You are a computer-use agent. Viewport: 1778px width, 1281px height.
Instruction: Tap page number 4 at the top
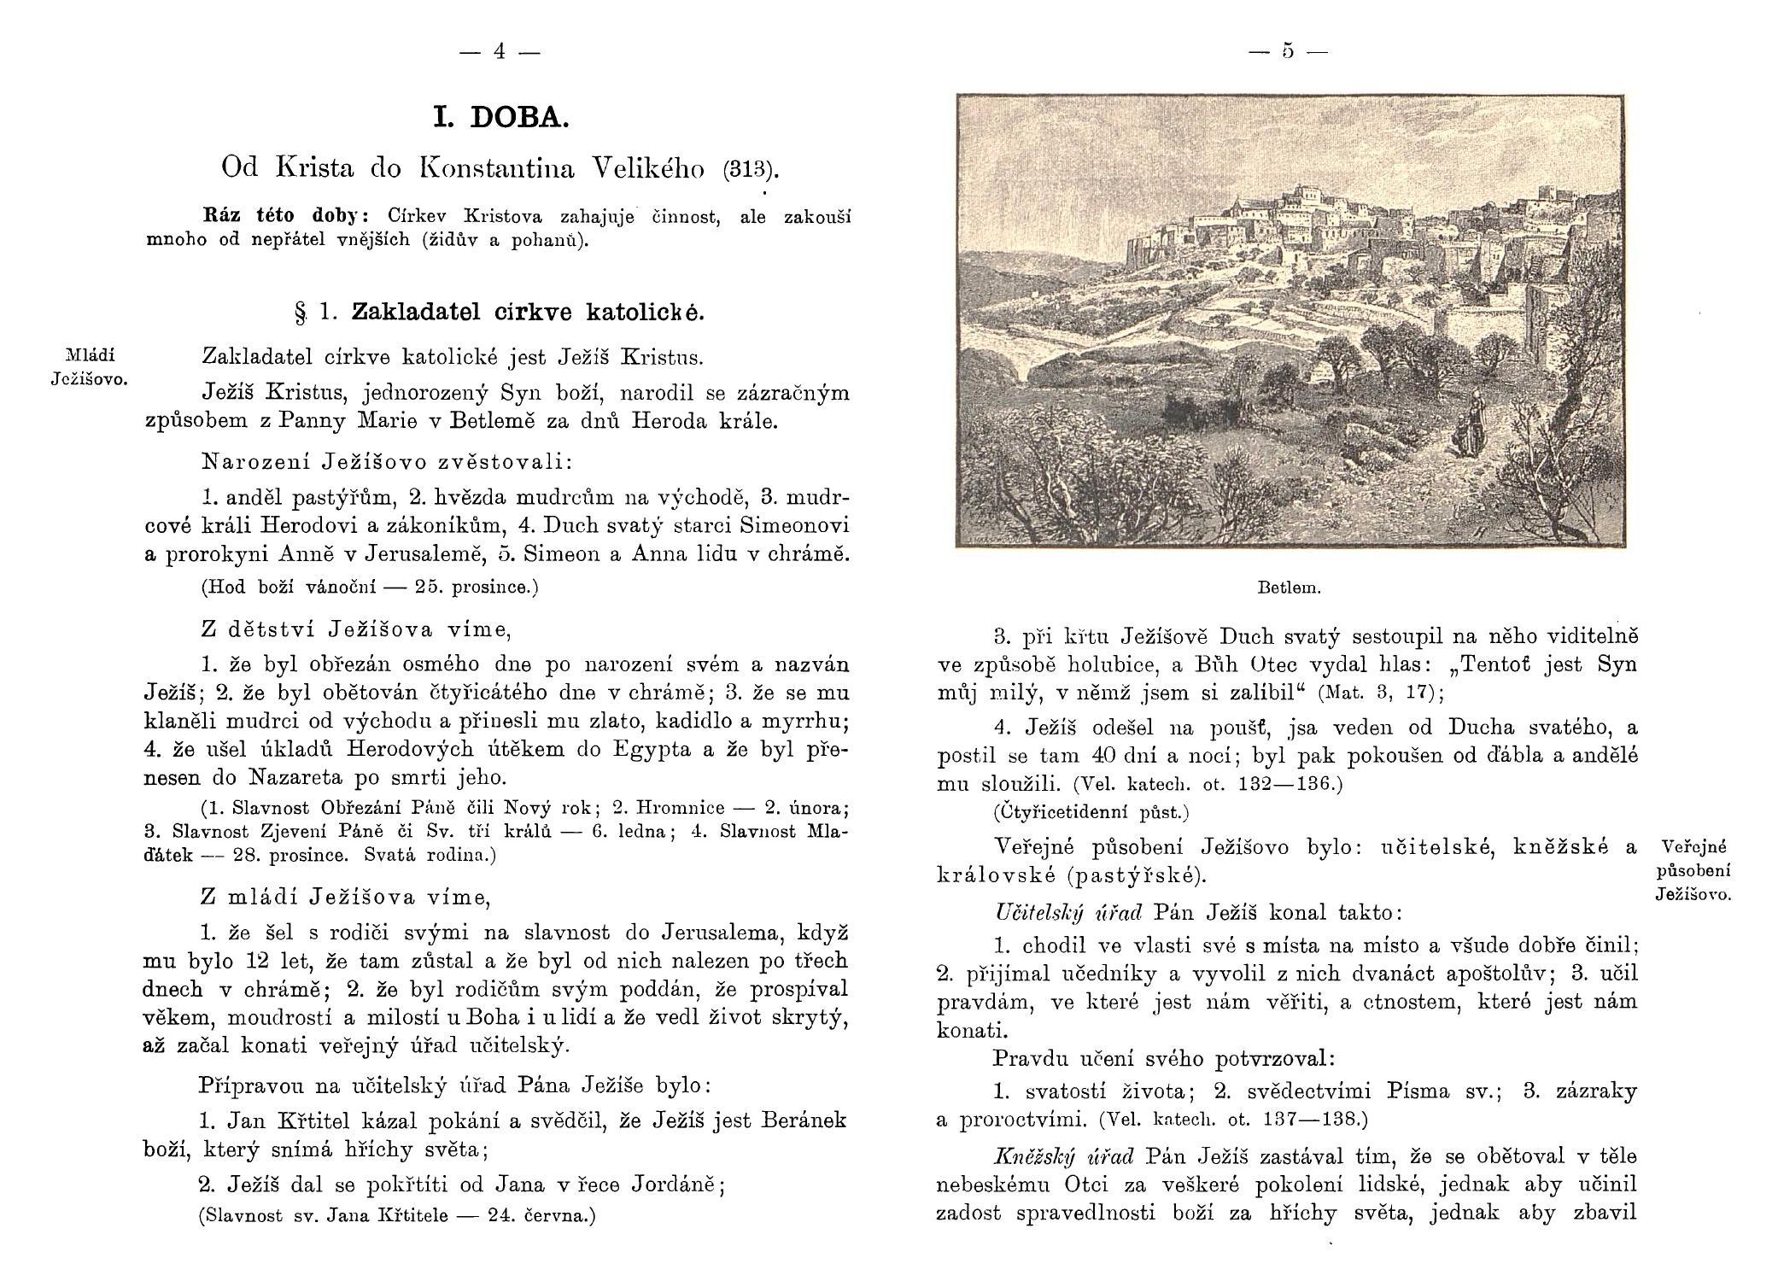[x=500, y=52]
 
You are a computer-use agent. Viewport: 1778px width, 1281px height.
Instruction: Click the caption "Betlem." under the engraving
[x=1290, y=588]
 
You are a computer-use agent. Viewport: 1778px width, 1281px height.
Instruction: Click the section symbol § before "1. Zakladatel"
[x=300, y=313]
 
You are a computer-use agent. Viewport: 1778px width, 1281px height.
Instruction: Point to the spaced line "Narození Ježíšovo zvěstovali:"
[x=387, y=462]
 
